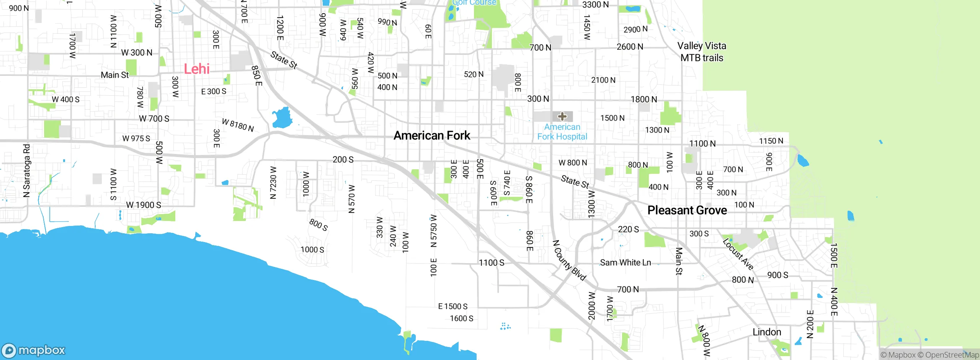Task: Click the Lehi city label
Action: [196, 69]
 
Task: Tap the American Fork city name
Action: [432, 136]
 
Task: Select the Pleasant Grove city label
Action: [687, 210]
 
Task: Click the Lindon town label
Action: [767, 332]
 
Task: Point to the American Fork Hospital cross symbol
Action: [562, 116]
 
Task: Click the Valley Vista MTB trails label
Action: [702, 52]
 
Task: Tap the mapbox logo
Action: [34, 350]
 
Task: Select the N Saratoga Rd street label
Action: [26, 171]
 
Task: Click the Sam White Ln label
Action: [625, 263]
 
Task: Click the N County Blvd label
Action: [569, 260]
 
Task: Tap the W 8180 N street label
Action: [238, 125]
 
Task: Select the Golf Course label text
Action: [474, 3]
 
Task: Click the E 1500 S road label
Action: [452, 306]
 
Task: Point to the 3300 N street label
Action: [595, 5]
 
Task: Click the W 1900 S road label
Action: [144, 205]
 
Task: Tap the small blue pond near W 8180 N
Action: [282, 118]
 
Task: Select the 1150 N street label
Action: [771, 141]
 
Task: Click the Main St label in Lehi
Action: [115, 75]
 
